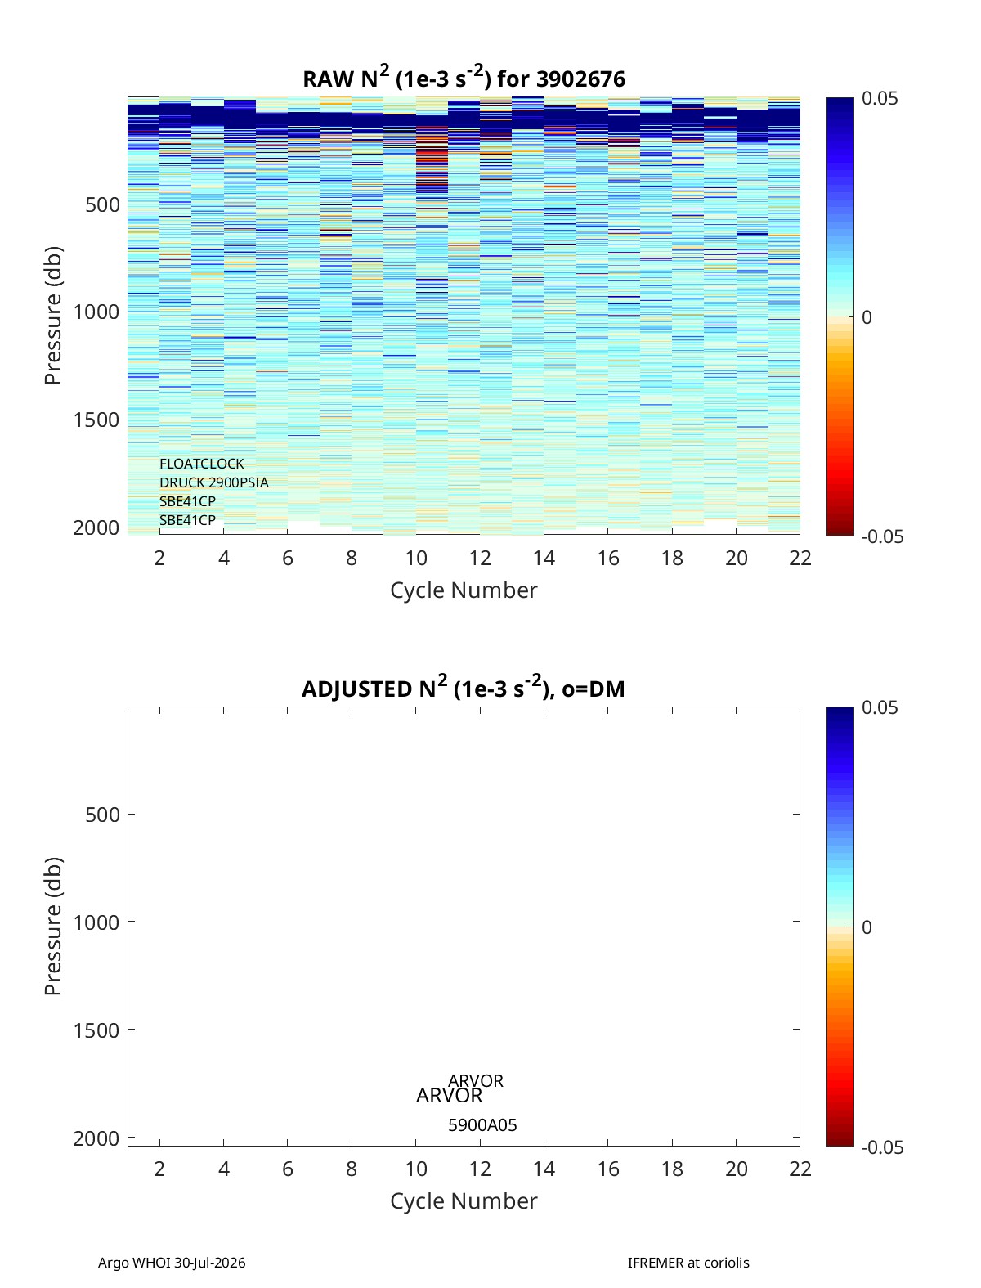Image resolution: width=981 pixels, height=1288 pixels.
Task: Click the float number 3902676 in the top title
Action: pyautogui.click(x=580, y=79)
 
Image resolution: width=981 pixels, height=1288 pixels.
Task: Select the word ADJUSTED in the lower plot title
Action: pyautogui.click(x=356, y=689)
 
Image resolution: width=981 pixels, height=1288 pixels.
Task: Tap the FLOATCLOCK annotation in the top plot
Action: pyautogui.click(x=201, y=464)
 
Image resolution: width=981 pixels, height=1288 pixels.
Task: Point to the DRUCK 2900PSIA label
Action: pyautogui.click(x=214, y=482)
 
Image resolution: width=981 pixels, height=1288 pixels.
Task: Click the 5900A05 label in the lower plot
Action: pyautogui.click(x=482, y=1125)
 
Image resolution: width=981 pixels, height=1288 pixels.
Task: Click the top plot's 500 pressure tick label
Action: pyautogui.click(x=103, y=205)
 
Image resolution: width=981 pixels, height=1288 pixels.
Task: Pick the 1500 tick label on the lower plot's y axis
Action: pyautogui.click(x=96, y=1030)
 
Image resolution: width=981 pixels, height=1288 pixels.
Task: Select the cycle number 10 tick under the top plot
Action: pyautogui.click(x=416, y=558)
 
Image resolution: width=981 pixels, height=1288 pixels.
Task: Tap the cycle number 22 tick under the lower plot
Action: pyautogui.click(x=800, y=1169)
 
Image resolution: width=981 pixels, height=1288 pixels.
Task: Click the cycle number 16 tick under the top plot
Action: pyautogui.click(x=608, y=558)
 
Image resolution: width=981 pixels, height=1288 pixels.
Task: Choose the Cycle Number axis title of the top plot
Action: pyautogui.click(x=464, y=590)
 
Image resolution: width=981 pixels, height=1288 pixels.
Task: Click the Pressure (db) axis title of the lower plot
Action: pyautogui.click(x=53, y=926)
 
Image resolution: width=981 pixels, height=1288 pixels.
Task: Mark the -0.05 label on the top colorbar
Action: pyautogui.click(x=882, y=536)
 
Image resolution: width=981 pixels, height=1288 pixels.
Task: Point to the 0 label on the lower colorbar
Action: pyautogui.click(x=867, y=927)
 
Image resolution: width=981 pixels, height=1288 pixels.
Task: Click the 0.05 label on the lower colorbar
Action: pyautogui.click(x=880, y=707)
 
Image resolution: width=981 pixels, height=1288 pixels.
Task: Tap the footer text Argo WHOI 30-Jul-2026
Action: pyautogui.click(x=172, y=1263)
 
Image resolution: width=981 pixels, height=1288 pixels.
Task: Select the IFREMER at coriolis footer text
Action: pyautogui.click(x=688, y=1263)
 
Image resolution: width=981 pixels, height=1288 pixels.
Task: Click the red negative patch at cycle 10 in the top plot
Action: pyautogui.click(x=432, y=159)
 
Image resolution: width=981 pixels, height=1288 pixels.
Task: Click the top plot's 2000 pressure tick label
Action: pyautogui.click(x=96, y=528)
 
